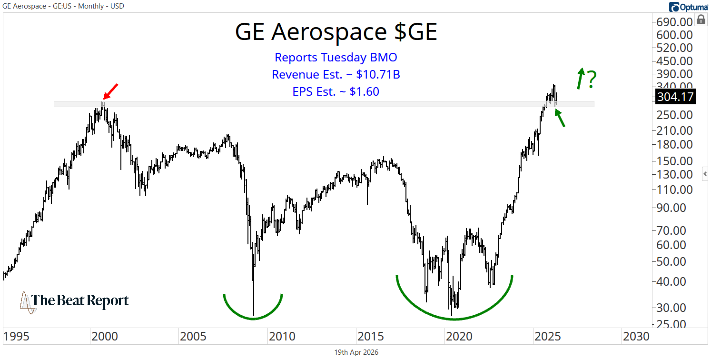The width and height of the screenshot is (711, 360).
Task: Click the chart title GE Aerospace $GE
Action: (x=336, y=32)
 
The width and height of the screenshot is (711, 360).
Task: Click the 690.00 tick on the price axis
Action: (x=675, y=22)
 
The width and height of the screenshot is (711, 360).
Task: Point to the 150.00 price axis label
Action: (x=675, y=161)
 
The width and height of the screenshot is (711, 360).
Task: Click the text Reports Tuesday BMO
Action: (x=336, y=58)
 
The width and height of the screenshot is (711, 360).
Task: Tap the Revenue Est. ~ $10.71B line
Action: (x=336, y=75)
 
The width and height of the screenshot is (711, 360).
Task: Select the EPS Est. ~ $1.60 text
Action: (x=336, y=92)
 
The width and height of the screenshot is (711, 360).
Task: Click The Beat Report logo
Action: (x=74, y=301)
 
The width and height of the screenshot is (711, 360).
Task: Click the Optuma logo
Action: (x=688, y=7)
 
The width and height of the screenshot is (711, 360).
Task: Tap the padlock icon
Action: (x=701, y=20)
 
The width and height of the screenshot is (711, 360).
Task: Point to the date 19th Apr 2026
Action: (x=356, y=352)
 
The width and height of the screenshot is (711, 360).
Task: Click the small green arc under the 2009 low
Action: (x=253, y=311)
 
